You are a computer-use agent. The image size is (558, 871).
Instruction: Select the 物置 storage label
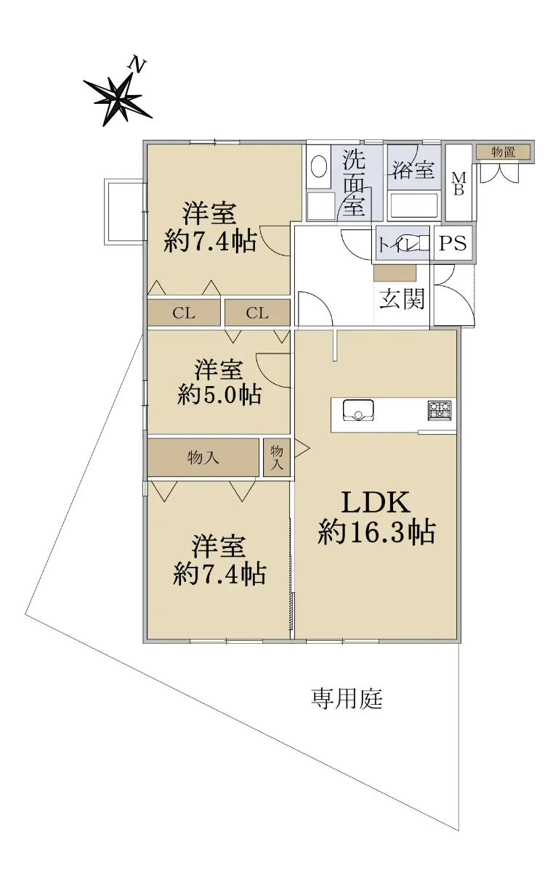pyautogui.click(x=503, y=152)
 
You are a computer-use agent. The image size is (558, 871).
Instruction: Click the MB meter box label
pyautogui.click(x=458, y=184)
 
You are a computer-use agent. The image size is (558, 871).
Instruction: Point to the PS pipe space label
pyautogui.click(x=453, y=243)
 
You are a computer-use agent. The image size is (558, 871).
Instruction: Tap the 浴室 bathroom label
pyautogui.click(x=413, y=169)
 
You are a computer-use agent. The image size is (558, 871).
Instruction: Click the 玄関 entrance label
pyautogui.click(x=402, y=298)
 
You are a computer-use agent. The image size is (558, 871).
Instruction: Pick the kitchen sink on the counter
pyautogui.click(x=358, y=410)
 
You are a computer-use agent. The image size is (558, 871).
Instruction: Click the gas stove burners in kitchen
pyautogui.click(x=440, y=410)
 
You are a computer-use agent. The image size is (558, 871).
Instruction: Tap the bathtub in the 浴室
pyautogui.click(x=414, y=205)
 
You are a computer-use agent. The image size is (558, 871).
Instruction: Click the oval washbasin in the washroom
pyautogui.click(x=319, y=167)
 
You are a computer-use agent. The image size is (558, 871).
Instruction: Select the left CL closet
pyautogui.click(x=184, y=313)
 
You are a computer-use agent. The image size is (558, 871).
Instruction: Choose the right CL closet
pyautogui.click(x=258, y=313)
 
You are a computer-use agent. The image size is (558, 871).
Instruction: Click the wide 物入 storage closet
pyautogui.click(x=203, y=457)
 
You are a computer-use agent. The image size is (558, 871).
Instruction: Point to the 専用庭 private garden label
pyautogui.click(x=347, y=699)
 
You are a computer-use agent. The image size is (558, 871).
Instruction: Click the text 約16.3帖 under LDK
pyautogui.click(x=376, y=532)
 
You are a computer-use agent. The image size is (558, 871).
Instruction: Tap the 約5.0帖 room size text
pyautogui.click(x=219, y=395)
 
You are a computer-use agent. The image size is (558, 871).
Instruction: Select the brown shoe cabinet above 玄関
pyautogui.click(x=395, y=274)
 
